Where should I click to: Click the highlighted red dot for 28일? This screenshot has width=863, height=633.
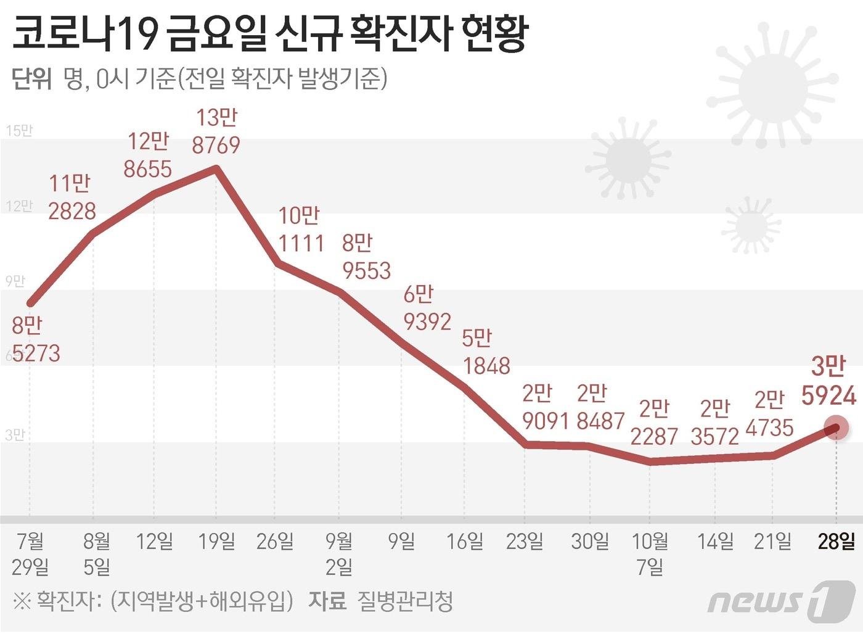pos(836,428)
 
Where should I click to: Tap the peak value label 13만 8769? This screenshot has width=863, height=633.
pos(216,131)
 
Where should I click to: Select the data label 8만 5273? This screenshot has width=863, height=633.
pos(36,339)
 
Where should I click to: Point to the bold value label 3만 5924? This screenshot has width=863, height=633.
pos(828,381)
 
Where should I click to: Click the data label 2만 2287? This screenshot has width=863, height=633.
pos(654,423)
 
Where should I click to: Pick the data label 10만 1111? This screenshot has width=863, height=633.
pos(300,230)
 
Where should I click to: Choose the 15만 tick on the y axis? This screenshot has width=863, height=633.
pos(18,130)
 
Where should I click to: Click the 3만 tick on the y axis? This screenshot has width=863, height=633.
pos(15,434)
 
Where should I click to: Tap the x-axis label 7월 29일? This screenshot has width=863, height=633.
pos(30,553)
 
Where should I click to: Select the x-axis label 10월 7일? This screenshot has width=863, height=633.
pos(650,553)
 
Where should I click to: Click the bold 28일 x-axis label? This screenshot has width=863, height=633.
pos(836,541)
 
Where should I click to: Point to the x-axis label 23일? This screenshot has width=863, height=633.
pos(525,541)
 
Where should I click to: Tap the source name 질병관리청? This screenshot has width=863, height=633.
pos(405,600)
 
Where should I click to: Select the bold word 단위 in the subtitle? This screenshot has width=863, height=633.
pos(31,79)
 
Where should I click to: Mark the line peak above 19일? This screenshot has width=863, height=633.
pos(216,167)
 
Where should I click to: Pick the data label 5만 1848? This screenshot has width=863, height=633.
pos(486,352)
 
